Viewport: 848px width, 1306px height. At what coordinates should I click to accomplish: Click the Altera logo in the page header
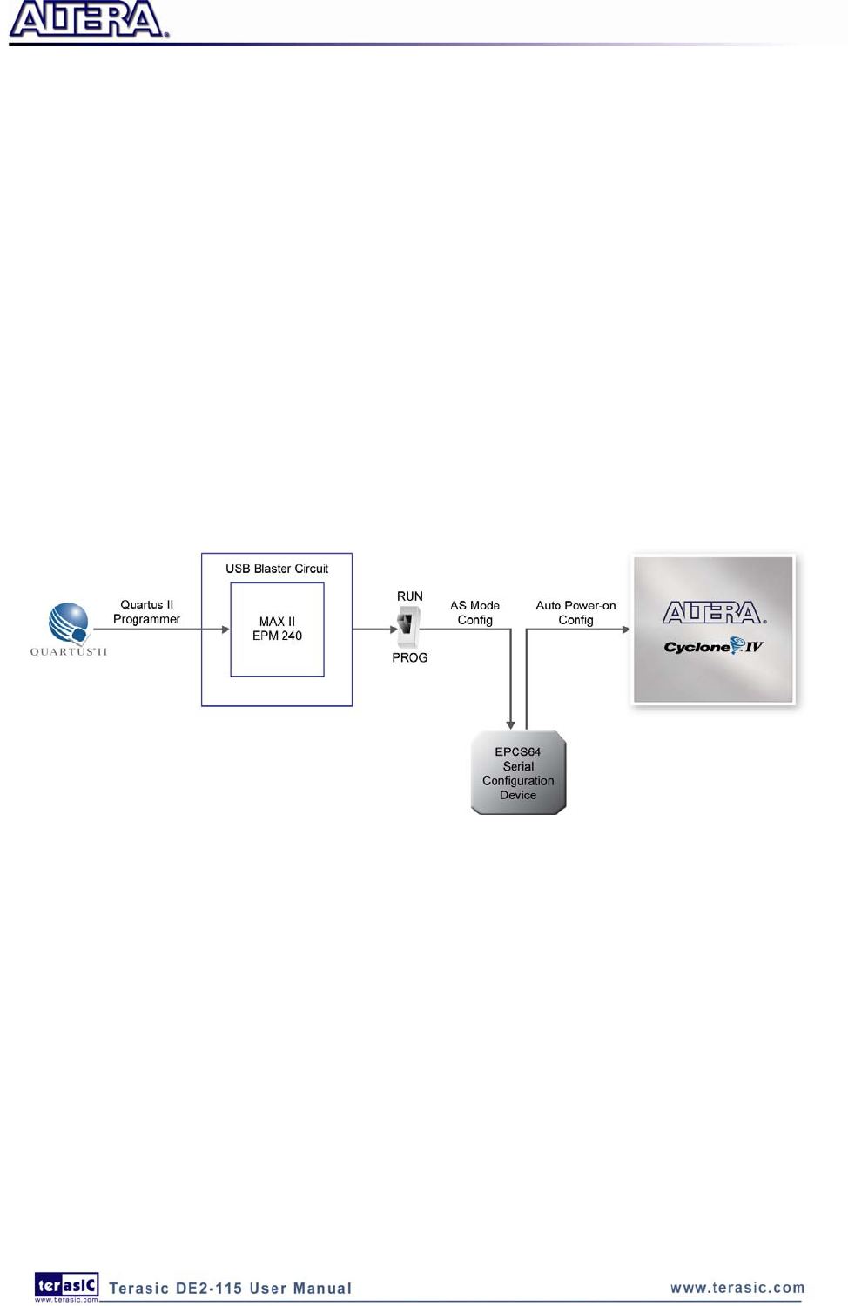point(87,20)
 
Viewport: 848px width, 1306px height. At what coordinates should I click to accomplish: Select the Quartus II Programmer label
point(146,612)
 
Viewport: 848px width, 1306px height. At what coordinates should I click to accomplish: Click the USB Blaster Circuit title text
point(277,569)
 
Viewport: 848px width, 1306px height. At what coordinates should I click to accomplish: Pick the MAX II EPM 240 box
point(277,629)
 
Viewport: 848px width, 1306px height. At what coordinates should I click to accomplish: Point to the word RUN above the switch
point(410,596)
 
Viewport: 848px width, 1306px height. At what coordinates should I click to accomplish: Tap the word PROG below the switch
point(409,657)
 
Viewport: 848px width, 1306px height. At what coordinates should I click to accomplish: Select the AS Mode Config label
point(474,612)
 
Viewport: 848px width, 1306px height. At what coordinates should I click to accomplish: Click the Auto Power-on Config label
point(575,612)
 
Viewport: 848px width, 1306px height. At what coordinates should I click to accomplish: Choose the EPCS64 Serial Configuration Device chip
point(518,773)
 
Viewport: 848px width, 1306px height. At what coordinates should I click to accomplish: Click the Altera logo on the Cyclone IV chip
point(713,613)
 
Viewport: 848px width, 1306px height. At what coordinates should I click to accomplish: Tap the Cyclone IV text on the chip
point(713,646)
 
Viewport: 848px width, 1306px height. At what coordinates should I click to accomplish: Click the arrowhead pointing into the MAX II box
point(225,629)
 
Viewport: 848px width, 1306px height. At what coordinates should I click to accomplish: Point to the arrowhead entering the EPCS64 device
point(510,724)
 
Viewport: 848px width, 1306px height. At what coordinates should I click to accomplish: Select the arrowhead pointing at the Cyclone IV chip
point(625,629)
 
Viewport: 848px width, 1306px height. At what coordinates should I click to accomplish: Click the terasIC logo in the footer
point(66,1286)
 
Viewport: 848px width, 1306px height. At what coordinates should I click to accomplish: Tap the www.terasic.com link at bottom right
point(737,1288)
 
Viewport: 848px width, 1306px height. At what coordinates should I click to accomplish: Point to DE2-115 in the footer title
point(209,1289)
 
